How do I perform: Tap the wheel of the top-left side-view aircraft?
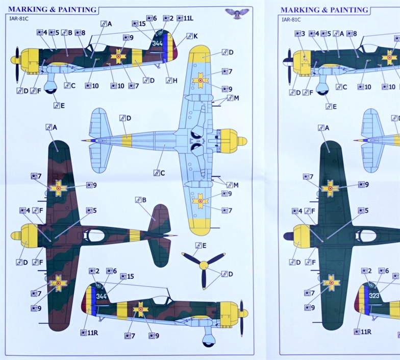point(51,90)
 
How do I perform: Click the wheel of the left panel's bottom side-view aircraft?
point(208,343)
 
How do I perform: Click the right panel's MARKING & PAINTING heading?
point(324,10)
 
